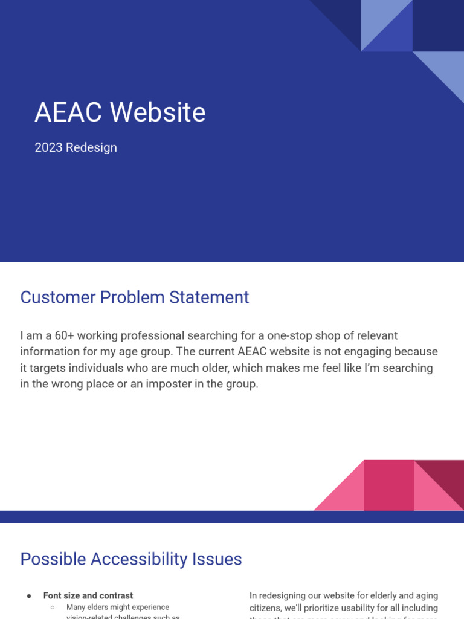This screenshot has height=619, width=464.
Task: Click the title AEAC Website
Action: click(120, 112)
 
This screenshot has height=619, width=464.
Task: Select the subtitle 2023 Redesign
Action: click(76, 147)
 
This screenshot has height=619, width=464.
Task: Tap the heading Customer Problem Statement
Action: click(135, 297)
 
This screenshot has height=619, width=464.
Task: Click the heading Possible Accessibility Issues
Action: click(131, 559)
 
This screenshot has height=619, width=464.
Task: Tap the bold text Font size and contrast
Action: click(88, 596)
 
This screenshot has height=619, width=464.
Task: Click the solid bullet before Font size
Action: click(29, 596)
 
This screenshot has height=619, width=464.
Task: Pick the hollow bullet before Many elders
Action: click(53, 608)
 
